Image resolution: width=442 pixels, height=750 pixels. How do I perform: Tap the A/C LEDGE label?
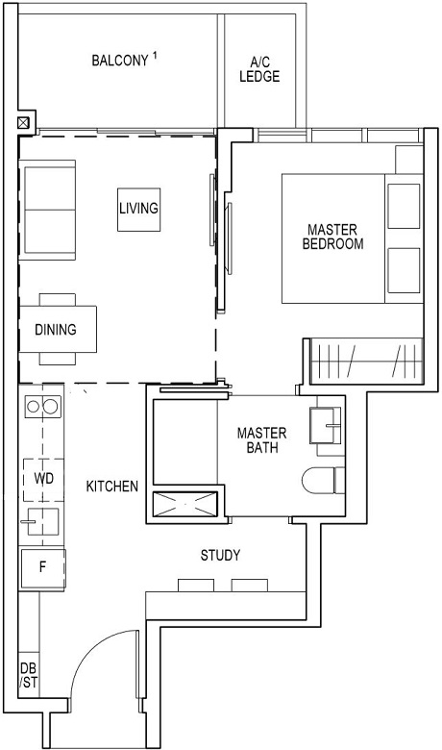coord(259,69)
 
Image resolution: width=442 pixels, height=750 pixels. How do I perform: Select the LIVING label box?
coord(138,208)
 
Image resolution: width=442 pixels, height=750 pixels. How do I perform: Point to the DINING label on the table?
coord(55,330)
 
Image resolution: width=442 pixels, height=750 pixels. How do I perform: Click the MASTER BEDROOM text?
coord(332,237)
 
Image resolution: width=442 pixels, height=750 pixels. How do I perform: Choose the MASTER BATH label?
coord(261,440)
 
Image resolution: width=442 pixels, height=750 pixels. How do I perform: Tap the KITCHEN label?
coord(111,487)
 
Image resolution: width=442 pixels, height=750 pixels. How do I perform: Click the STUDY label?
coord(220,556)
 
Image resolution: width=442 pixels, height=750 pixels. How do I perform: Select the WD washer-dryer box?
coord(42,478)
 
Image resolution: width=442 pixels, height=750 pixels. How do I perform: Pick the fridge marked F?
coord(42,566)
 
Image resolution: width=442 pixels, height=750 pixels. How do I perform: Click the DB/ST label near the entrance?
coord(28,676)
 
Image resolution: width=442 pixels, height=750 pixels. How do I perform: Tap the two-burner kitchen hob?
coord(41,407)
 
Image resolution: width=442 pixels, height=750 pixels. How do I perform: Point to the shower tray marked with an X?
coord(184,503)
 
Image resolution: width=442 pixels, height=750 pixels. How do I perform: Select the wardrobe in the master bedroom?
coord(366,362)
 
